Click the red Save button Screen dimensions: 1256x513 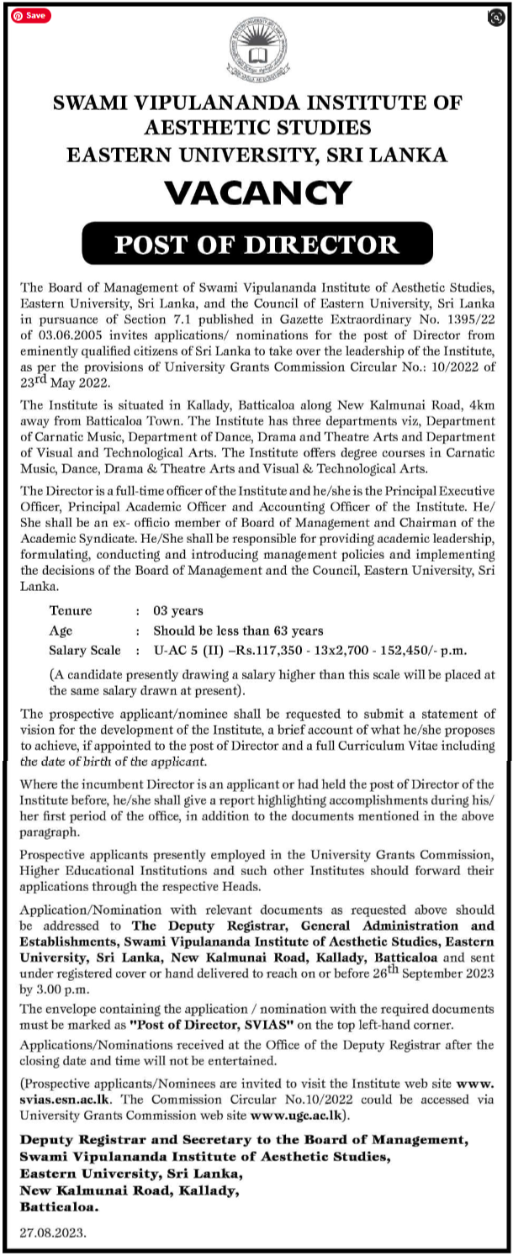click(30, 15)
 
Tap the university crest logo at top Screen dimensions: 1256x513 click(256, 50)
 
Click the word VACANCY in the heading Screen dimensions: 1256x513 click(257, 193)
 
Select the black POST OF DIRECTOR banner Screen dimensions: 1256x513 click(256, 245)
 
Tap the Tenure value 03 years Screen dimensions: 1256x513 click(177, 610)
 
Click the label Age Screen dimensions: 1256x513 click(61, 631)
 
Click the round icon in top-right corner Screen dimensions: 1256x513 click(495, 17)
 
